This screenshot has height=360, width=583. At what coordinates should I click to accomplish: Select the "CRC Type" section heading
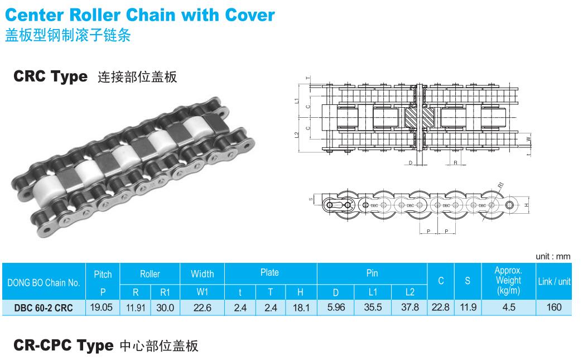pos(51,76)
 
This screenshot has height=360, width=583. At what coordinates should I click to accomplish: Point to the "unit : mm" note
pos(553,256)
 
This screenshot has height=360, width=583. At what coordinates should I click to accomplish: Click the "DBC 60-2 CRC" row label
pos(44,308)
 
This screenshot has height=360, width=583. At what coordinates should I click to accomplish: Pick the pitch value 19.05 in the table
pos(103,307)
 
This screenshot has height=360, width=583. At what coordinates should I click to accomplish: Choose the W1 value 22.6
pos(202,308)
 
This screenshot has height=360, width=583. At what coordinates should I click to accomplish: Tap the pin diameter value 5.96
pos(335,307)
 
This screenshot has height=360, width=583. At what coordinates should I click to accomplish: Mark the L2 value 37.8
pos(409,307)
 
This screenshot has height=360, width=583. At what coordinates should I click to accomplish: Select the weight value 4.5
pos(508,307)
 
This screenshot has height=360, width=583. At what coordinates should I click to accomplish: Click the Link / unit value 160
pos(554,307)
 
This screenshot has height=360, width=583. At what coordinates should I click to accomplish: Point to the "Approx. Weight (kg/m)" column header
pos(508,280)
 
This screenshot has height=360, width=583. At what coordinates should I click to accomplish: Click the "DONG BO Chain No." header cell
pos(44,282)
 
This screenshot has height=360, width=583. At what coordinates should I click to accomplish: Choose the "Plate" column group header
pos(269,272)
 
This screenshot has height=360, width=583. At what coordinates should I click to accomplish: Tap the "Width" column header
pos(202,273)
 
